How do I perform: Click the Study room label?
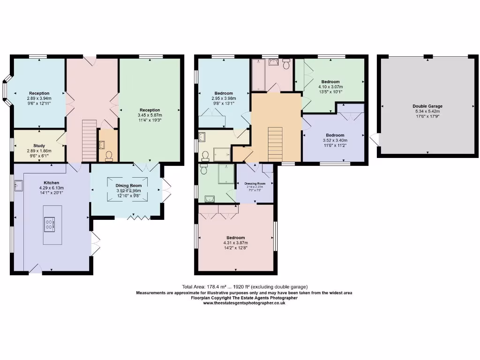(x=39, y=146)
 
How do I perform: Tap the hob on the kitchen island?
(x=49, y=225)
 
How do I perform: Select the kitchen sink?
(x=18, y=186)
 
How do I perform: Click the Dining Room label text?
(x=128, y=186)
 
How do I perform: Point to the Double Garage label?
(x=427, y=106)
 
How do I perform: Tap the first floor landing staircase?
(x=276, y=143)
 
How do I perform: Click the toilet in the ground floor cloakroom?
(x=109, y=155)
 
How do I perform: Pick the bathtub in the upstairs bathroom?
(x=259, y=75)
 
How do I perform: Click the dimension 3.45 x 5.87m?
(x=150, y=115)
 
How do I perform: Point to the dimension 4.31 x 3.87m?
(x=235, y=242)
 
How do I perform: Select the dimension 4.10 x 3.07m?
(x=330, y=87)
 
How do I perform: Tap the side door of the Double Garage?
(x=374, y=139)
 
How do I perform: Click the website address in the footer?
(x=244, y=303)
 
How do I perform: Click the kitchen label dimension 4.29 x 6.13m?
(x=51, y=187)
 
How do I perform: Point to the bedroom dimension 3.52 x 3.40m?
(x=335, y=140)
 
